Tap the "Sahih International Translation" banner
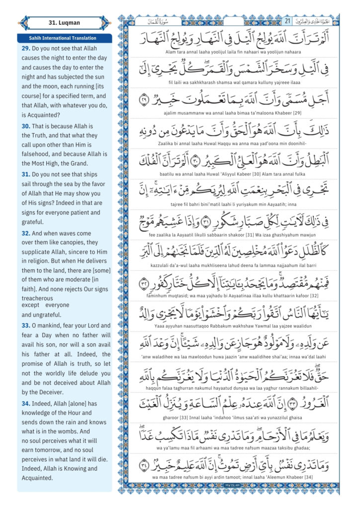coord(65,38)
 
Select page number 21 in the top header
coord(287,21)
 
